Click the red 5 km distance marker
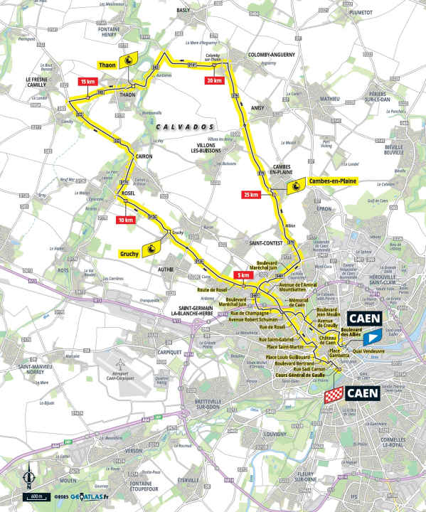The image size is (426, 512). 243,276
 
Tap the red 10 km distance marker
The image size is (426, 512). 124,220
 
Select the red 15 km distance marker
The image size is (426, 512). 87,82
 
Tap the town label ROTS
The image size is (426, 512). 63,270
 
